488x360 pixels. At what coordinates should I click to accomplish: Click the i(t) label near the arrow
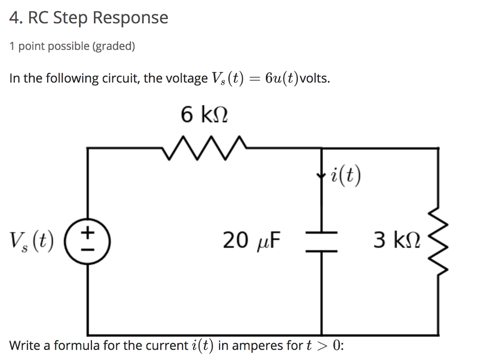pos(346,177)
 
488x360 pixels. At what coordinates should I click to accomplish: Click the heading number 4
pos(15,18)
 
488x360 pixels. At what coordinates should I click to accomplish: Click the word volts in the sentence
pos(315,79)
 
